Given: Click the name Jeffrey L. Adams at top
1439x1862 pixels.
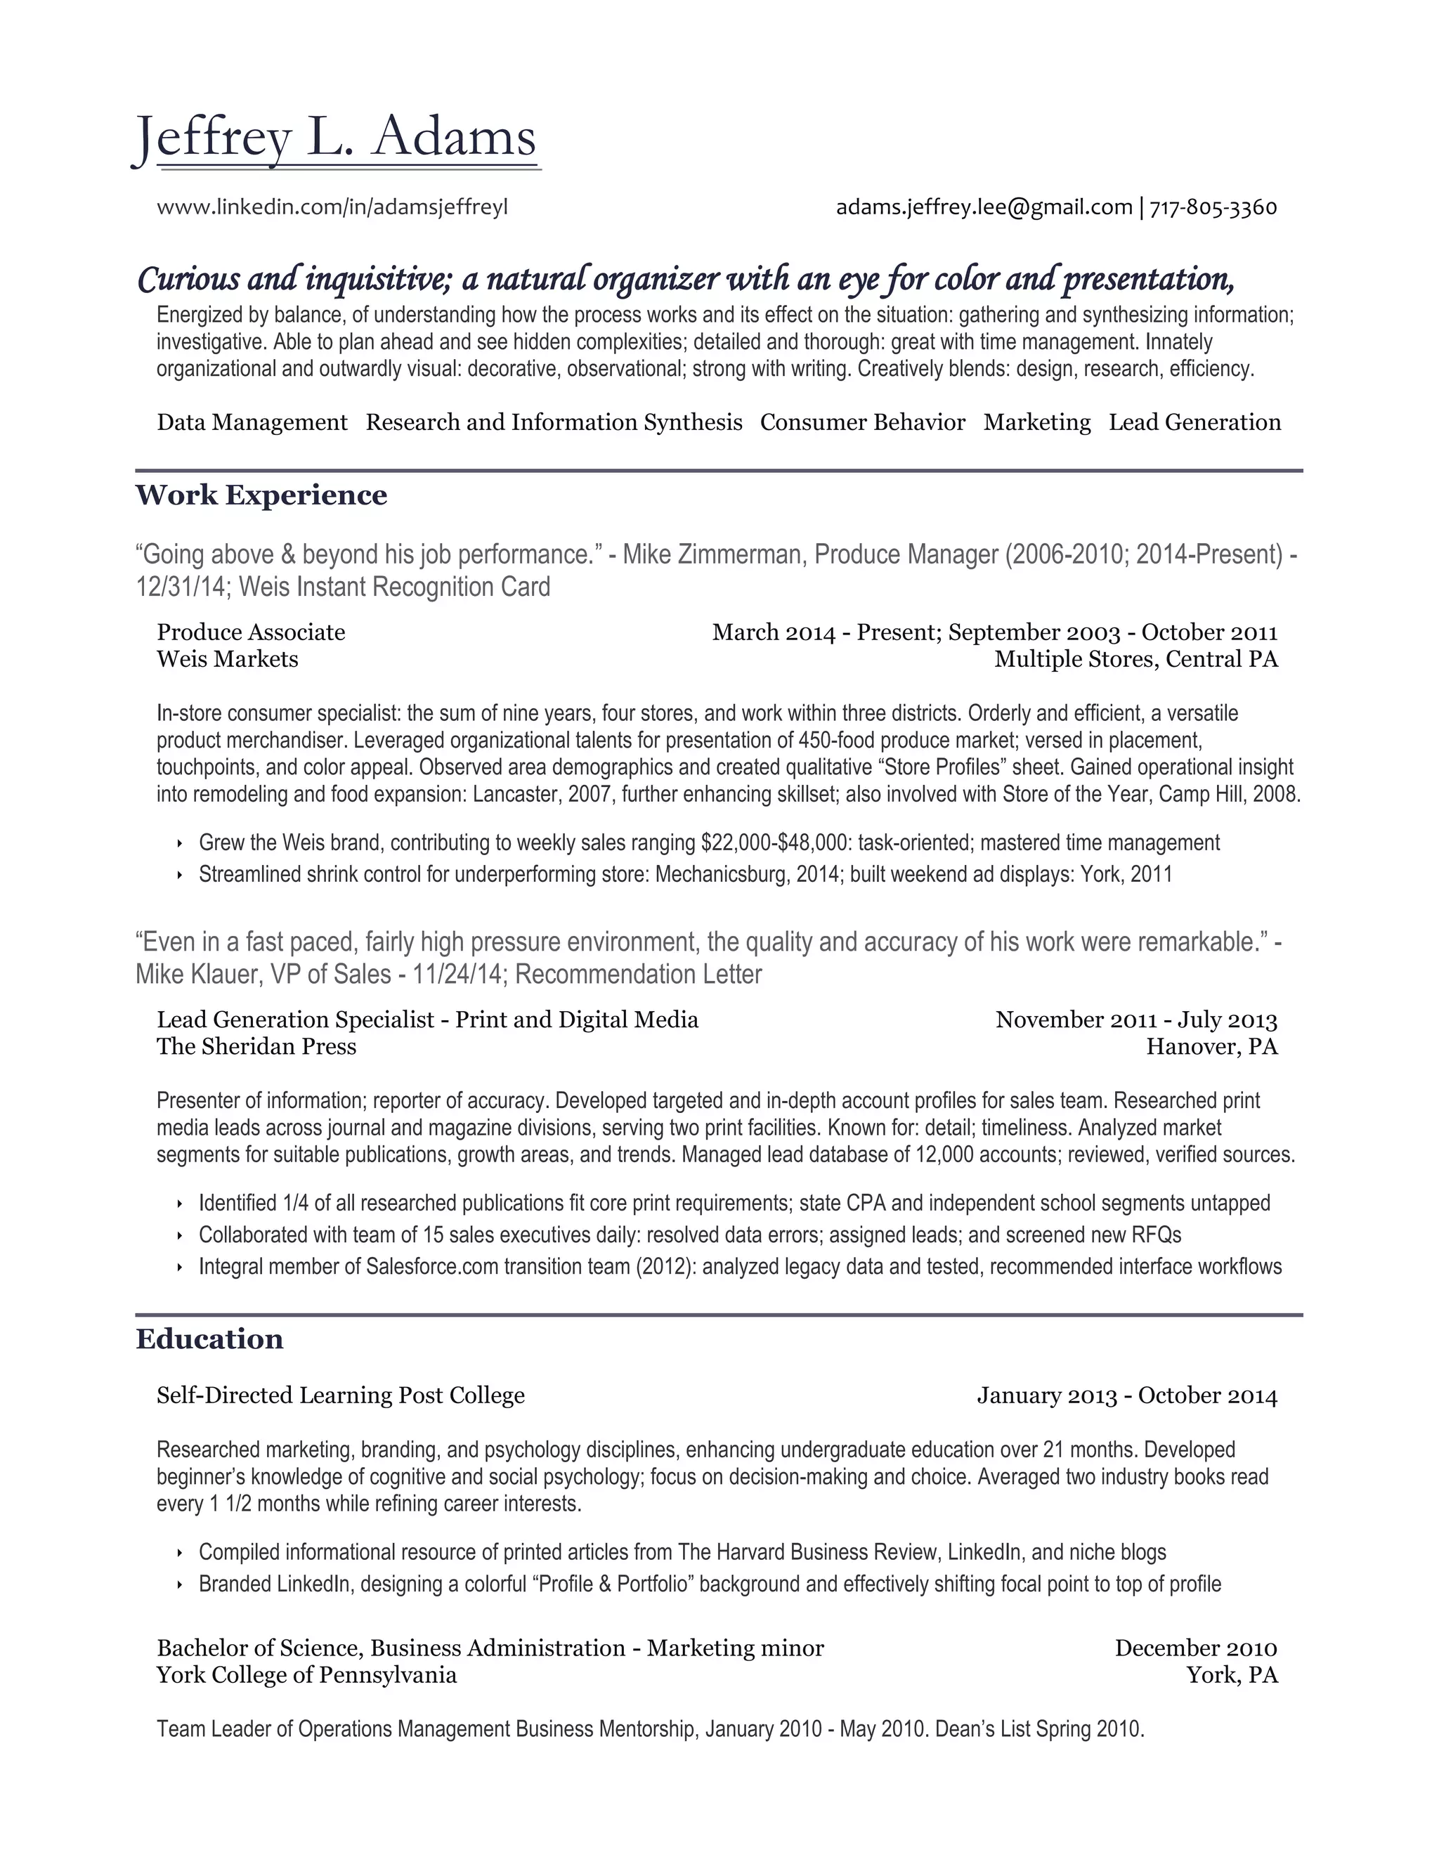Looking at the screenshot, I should click(337, 139).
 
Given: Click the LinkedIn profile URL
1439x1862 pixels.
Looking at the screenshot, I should click(332, 207).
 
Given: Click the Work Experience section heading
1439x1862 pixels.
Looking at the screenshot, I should click(261, 495).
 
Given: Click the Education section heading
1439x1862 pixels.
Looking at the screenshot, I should click(209, 1339).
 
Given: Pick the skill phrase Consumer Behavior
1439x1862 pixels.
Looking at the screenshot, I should click(862, 423).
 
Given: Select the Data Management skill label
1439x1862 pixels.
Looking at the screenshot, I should click(252, 423).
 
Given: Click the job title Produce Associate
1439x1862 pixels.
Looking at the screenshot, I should click(251, 632).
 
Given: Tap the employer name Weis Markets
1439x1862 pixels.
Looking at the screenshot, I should click(227, 659).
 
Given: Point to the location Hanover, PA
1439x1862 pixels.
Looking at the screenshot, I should click(1211, 1047).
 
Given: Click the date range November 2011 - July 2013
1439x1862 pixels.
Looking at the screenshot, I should click(1135, 1020).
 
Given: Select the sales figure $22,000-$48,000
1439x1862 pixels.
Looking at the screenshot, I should click(775, 844).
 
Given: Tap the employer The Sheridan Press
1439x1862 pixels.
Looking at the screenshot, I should click(256, 1047).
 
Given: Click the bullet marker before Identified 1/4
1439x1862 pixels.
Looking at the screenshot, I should click(180, 1204).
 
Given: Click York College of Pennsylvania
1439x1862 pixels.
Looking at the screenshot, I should click(306, 1675).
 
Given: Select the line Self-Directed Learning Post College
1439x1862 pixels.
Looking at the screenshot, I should click(340, 1395).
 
